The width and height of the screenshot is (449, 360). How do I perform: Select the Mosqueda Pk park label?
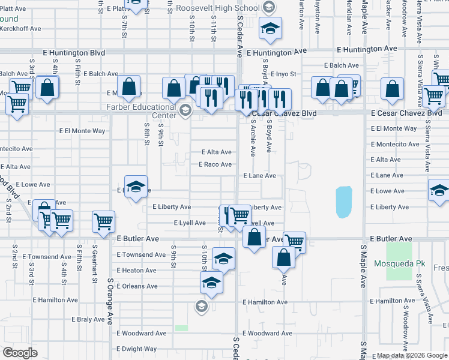tap(398, 263)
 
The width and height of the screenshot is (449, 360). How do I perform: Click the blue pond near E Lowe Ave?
tap(344, 202)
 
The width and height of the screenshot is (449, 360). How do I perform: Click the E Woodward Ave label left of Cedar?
tap(142, 333)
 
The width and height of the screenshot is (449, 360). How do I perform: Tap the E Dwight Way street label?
tap(137, 349)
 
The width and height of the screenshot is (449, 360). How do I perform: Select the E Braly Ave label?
tap(92, 319)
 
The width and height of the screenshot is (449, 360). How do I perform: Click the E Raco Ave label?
tap(215, 164)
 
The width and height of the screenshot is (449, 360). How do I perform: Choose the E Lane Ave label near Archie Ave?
tap(259, 176)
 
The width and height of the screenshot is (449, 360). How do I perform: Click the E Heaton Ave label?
tap(137, 271)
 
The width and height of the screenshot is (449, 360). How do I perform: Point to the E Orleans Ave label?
tap(137, 286)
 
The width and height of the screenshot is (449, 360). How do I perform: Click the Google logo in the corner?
tap(20, 353)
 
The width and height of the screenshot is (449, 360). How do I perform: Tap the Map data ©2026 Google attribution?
tap(412, 356)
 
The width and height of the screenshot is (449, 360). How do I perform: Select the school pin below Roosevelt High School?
tap(270, 28)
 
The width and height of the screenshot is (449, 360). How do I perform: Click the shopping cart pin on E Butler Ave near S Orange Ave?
tap(103, 221)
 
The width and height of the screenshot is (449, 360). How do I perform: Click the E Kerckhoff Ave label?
tap(20, 28)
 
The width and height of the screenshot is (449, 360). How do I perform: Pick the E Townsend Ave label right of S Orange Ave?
tap(141, 254)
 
